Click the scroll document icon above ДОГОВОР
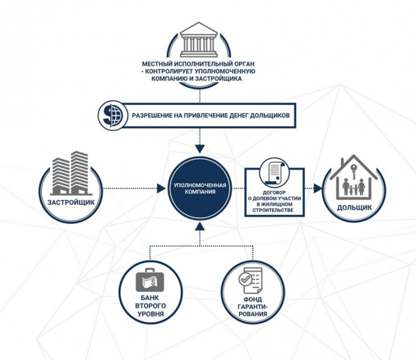[274, 172]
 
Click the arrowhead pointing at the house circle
[318, 188]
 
